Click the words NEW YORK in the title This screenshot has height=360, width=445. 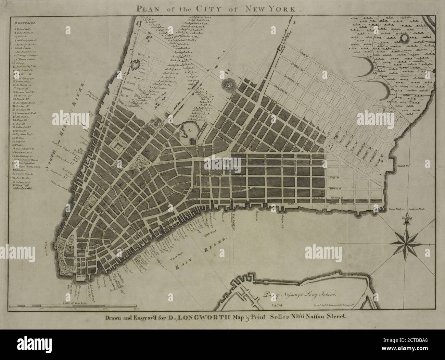tap(274, 9)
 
